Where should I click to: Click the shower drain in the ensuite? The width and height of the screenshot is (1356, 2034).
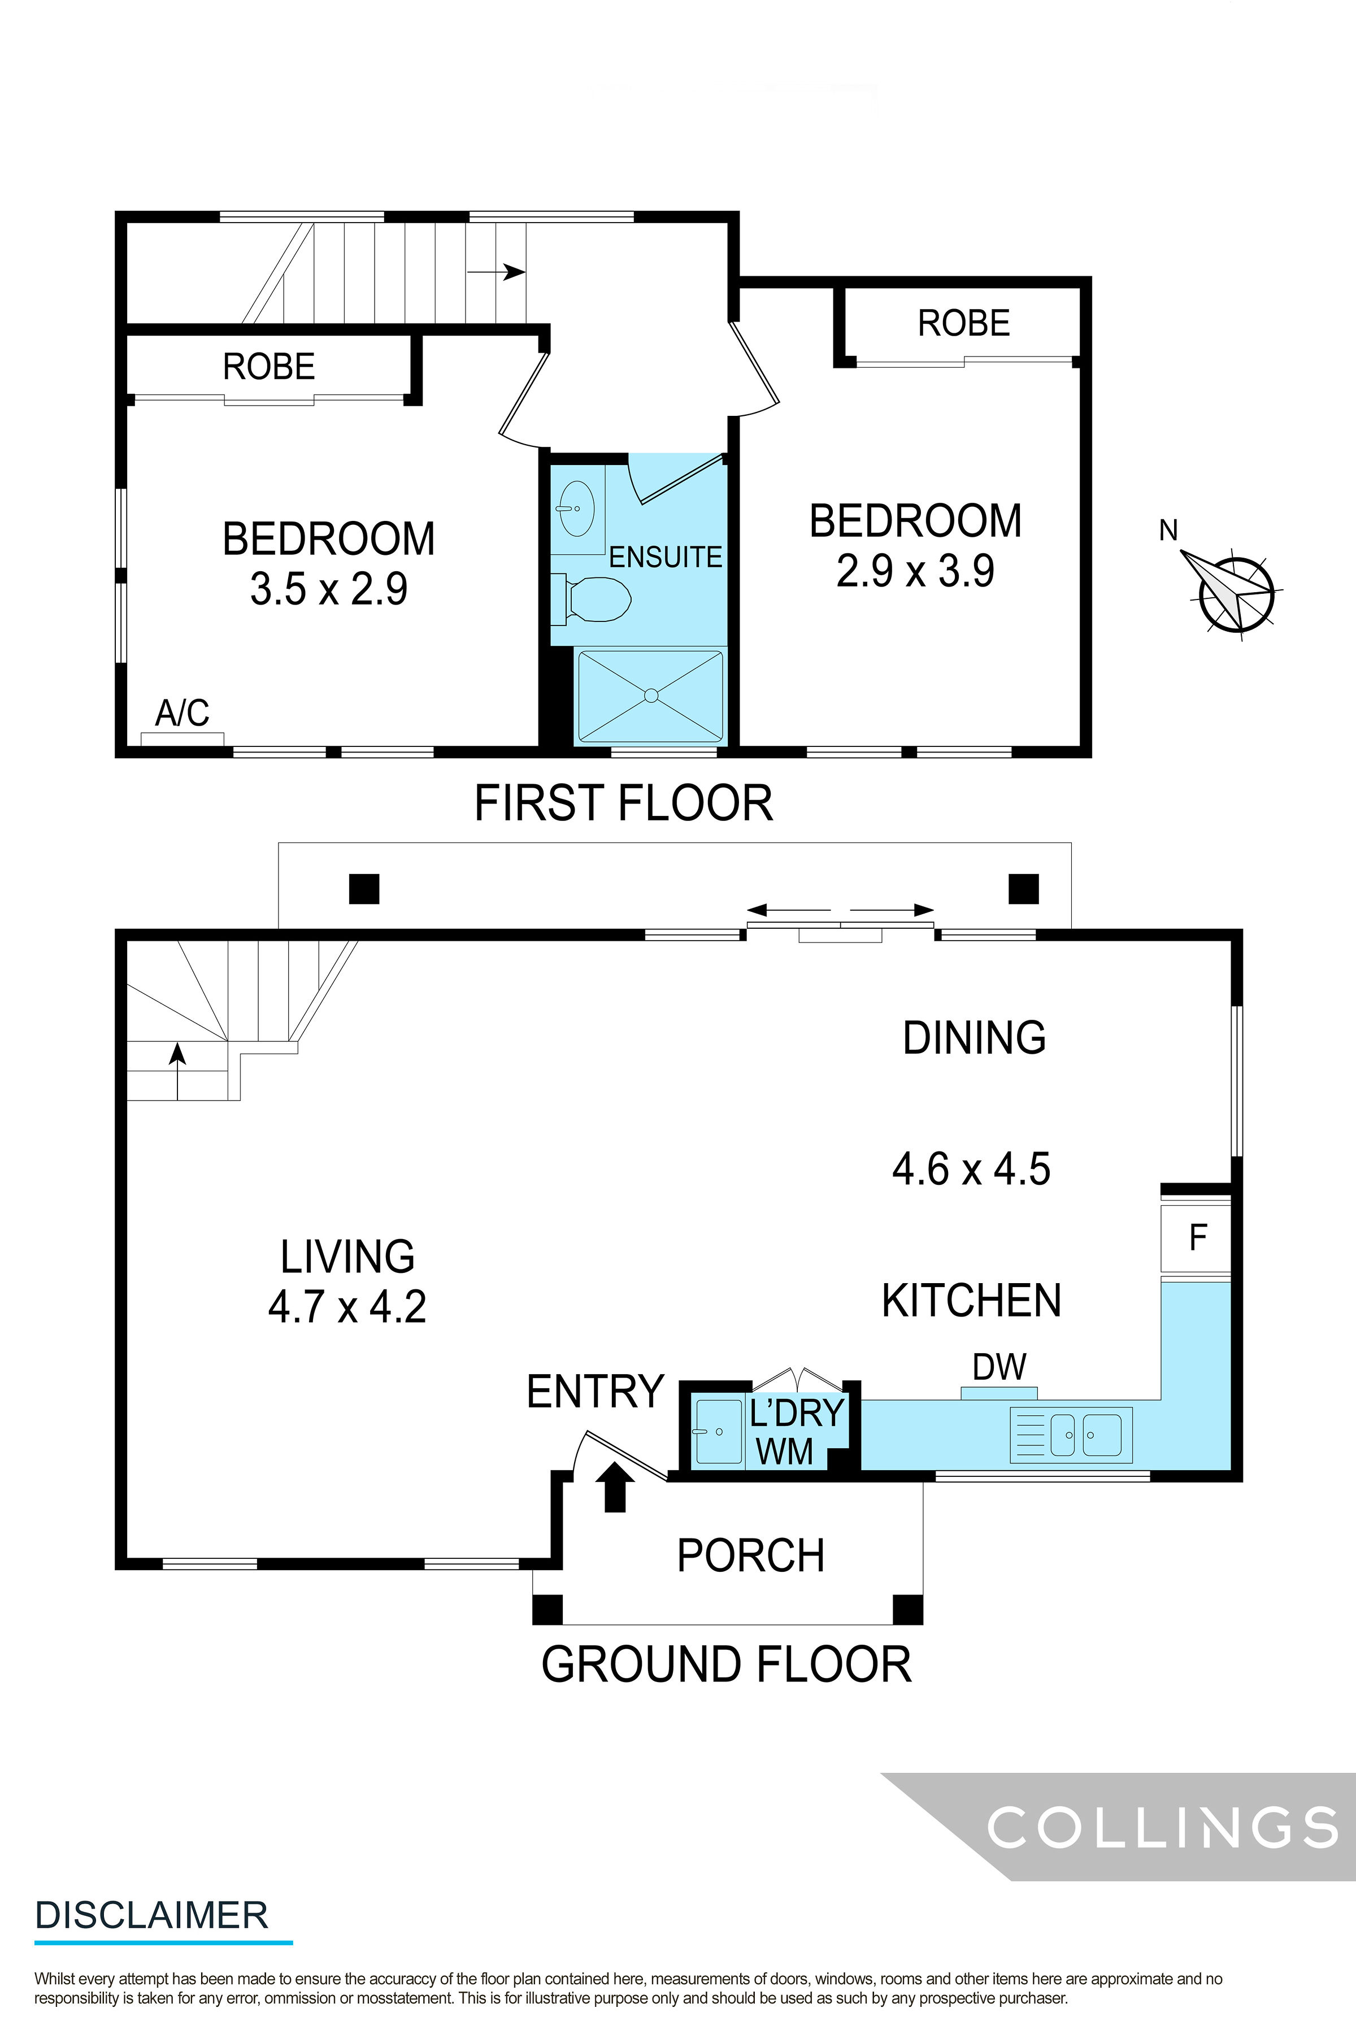click(651, 696)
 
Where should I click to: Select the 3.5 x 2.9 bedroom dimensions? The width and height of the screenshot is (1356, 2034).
click(329, 589)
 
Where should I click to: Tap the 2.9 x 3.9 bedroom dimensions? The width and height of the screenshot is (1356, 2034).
click(915, 571)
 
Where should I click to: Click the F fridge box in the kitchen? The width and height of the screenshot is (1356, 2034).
click(1197, 1237)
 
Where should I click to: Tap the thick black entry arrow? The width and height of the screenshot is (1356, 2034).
click(615, 1486)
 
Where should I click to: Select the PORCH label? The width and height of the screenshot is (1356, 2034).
click(751, 1556)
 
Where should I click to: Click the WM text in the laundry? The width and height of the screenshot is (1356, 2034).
click(784, 1452)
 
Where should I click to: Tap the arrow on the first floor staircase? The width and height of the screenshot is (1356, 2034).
click(497, 272)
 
